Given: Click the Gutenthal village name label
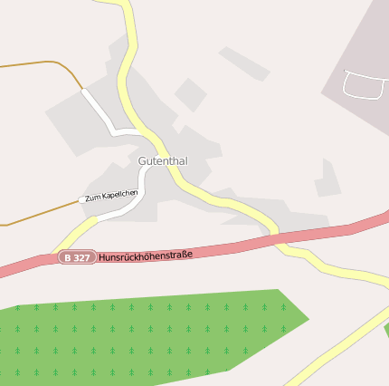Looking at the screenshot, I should (163, 160).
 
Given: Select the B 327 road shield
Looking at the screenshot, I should (77, 258).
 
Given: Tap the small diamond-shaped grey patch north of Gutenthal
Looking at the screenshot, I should (190, 94).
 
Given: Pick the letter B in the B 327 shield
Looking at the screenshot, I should (68, 258).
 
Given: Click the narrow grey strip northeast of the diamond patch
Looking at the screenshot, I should (244, 63).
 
